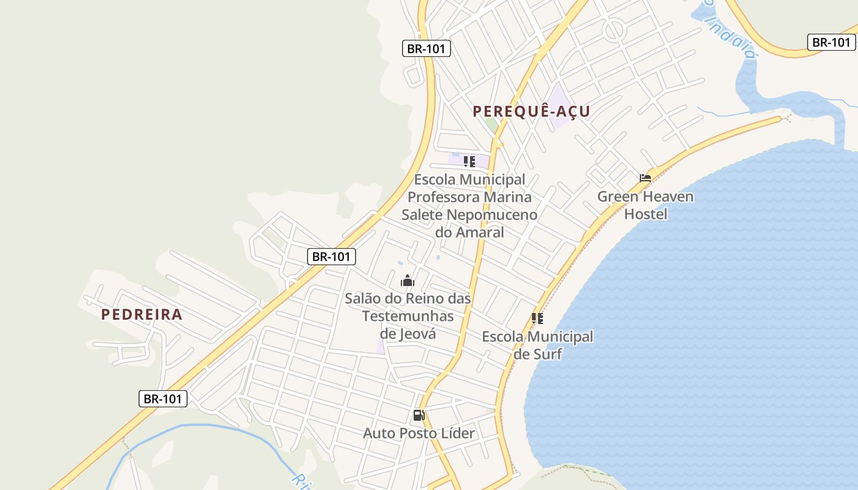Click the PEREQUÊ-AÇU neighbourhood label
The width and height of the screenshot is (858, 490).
click(x=531, y=111)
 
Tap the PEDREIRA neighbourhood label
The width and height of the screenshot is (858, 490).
click(x=142, y=315)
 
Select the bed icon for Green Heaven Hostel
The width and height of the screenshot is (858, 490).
click(x=645, y=178)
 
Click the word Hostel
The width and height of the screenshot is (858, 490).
click(x=645, y=214)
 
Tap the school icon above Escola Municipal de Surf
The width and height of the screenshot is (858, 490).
click(x=537, y=318)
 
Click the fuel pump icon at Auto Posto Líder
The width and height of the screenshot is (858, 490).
click(x=419, y=415)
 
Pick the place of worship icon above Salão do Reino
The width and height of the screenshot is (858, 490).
click(x=408, y=281)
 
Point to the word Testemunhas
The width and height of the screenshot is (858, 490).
click(x=408, y=316)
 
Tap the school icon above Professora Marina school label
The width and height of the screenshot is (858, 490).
click(x=469, y=162)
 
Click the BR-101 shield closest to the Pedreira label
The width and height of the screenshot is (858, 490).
click(x=162, y=399)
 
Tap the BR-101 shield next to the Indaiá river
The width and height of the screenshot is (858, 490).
click(x=831, y=42)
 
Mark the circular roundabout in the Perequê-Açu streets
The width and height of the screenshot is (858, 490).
click(x=613, y=29)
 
